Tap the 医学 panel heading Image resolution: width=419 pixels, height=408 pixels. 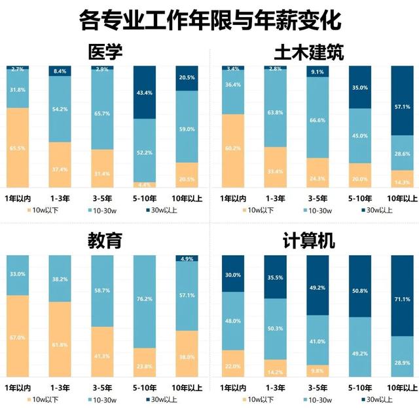[x=105, y=52]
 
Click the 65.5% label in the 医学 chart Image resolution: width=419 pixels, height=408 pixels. [x=18, y=148]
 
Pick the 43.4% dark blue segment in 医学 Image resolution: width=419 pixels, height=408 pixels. [x=145, y=92]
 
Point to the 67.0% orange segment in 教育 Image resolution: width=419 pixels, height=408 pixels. [x=18, y=337]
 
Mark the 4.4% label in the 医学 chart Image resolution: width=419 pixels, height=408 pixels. [x=145, y=185]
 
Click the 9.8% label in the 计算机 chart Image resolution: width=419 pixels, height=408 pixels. [x=317, y=369]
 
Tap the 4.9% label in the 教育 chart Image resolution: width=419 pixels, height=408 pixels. [x=187, y=258]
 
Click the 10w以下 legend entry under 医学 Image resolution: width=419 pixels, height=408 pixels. [x=41, y=210]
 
